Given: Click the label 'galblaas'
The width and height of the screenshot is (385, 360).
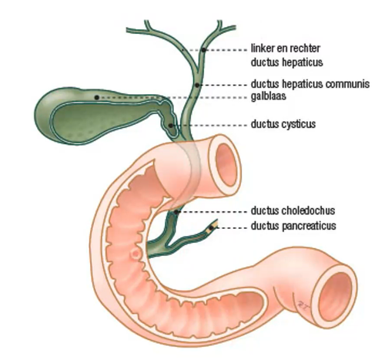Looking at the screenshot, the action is coord(268,96).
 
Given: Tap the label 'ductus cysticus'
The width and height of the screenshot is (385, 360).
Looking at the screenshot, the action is coord(283,124).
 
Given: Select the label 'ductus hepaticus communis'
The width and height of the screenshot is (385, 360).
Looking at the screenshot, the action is coord(310,84).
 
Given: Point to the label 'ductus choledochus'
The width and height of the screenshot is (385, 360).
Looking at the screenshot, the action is coord(293,210).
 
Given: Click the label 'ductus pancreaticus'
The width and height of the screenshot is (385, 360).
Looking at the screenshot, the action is coord(293,226).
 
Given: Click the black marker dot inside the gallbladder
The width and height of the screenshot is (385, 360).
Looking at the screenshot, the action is coord(96,97).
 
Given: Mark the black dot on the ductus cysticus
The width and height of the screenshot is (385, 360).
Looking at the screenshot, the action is coord(170,126).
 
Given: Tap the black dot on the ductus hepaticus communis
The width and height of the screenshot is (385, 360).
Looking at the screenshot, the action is coord(197,85).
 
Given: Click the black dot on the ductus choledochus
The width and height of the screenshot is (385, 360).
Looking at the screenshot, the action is coord(176,212).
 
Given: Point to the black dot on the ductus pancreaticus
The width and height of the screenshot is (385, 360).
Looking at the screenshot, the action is coord(211,227).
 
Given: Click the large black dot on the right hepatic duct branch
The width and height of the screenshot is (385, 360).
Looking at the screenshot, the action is coord(203,50).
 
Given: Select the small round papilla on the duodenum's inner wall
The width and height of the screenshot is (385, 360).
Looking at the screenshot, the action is coord(136,254).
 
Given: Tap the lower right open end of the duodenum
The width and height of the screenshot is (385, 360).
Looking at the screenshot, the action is coord(334,296).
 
